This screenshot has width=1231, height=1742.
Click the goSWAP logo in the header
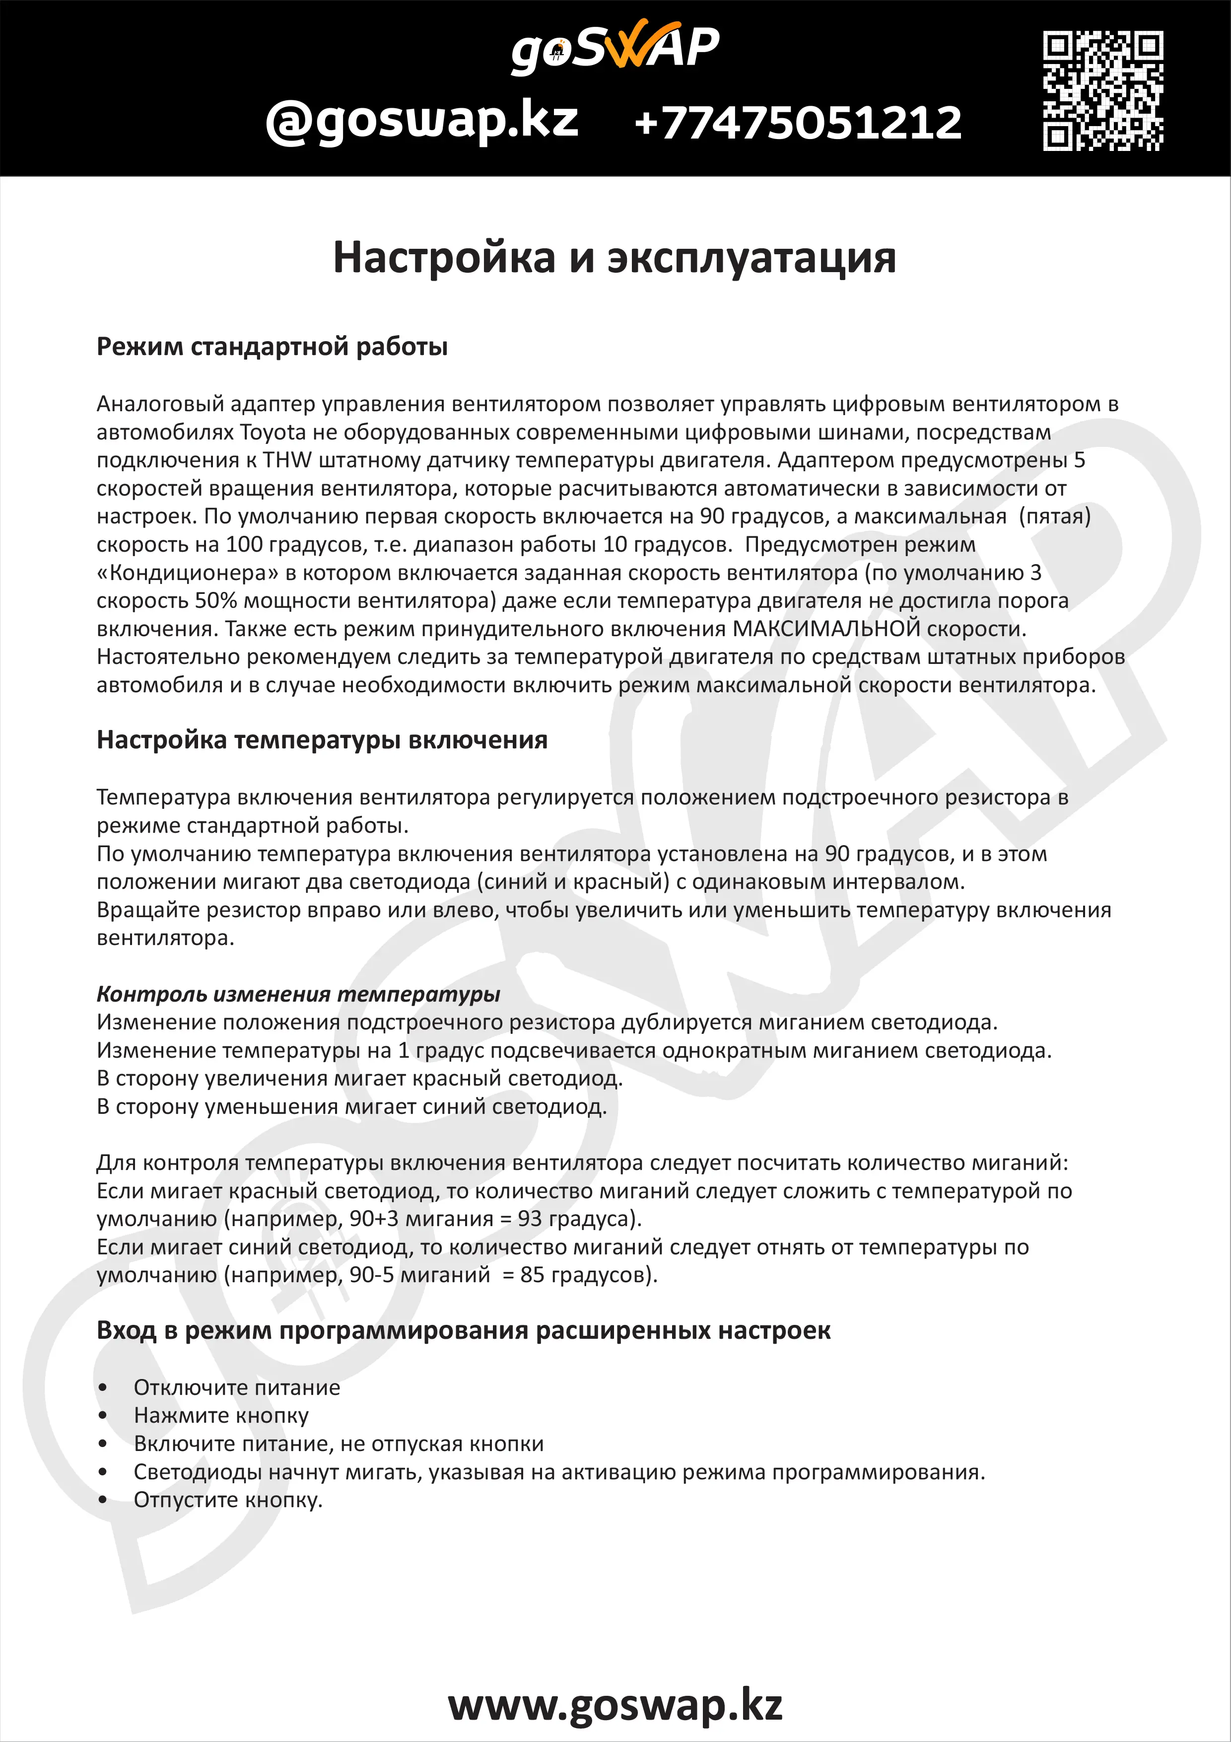[x=615, y=47]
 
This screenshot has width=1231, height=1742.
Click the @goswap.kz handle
[x=422, y=121]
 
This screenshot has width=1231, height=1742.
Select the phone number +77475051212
[x=798, y=123]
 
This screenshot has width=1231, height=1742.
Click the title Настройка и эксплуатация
[x=615, y=257]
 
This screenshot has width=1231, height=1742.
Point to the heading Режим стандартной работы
[x=272, y=347]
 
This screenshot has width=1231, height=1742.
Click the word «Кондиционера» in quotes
[x=185, y=573]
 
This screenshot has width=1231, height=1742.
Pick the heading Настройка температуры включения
[x=322, y=740]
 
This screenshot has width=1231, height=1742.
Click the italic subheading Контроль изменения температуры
[x=298, y=994]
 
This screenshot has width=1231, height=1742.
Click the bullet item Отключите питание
[x=237, y=1387]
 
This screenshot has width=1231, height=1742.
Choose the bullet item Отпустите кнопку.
[x=227, y=1500]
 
